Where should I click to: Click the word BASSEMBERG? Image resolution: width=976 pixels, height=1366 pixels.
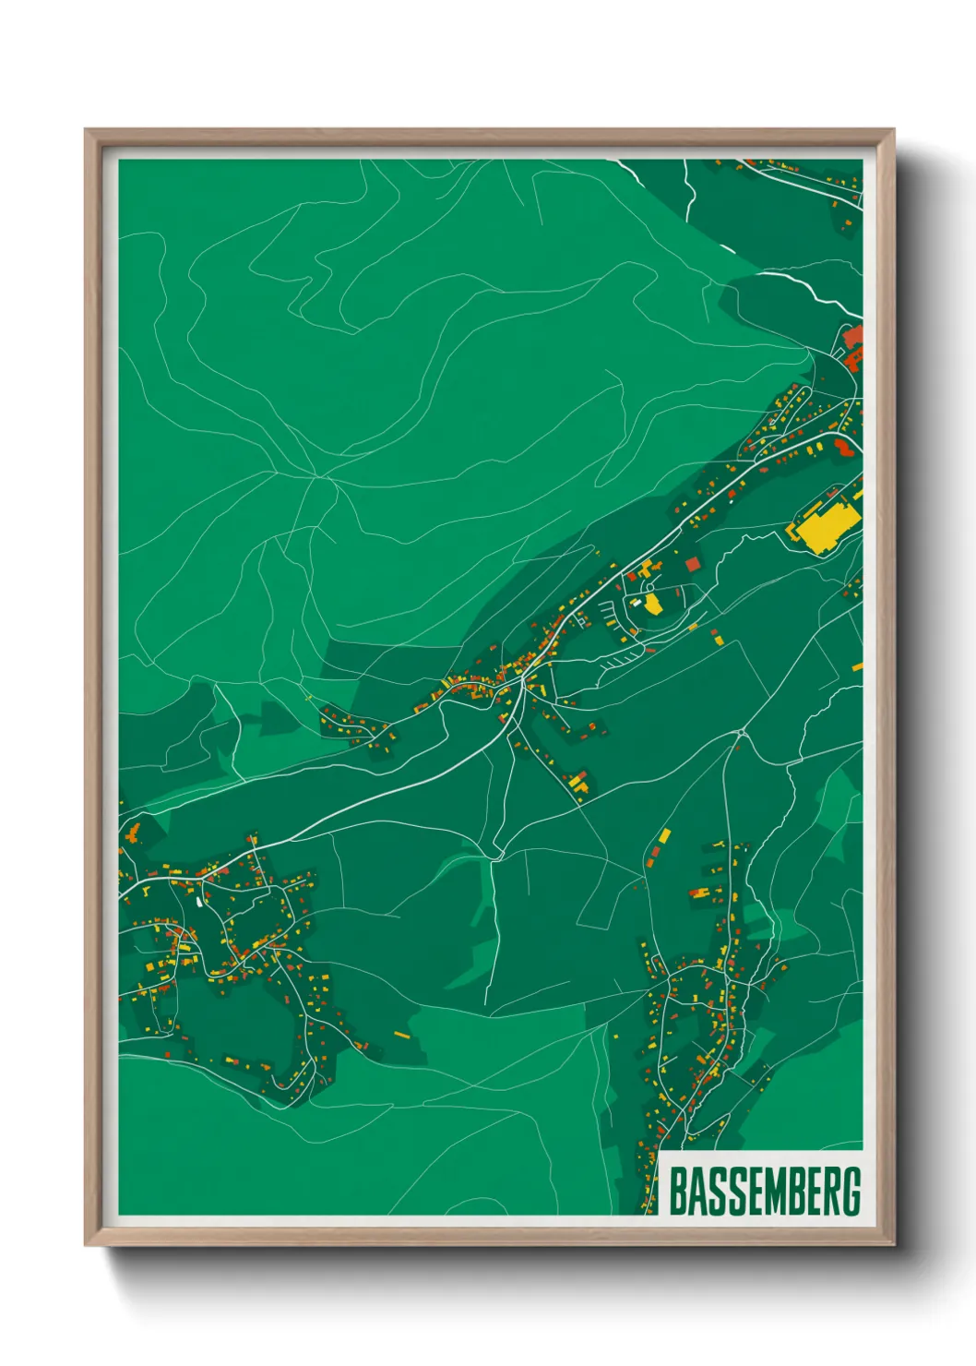point(764,1192)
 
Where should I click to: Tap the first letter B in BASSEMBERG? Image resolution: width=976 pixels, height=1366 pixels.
point(676,1192)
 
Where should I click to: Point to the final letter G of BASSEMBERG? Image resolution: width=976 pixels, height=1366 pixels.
point(851,1192)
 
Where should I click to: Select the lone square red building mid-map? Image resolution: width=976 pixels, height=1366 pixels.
point(692,563)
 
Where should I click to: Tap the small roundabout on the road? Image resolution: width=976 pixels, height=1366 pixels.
point(741,733)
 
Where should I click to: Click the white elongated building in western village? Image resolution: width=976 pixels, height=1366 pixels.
point(199,901)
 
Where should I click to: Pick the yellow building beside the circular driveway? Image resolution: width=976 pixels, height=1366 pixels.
point(653,605)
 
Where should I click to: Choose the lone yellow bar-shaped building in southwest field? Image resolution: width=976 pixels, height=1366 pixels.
point(401,1035)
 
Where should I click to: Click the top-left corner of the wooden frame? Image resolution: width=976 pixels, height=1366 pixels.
point(87,131)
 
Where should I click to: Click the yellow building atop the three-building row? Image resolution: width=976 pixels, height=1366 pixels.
point(665,835)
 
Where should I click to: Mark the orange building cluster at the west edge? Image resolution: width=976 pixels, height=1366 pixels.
point(132,834)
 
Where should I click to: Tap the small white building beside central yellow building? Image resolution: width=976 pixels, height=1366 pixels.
point(637,602)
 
